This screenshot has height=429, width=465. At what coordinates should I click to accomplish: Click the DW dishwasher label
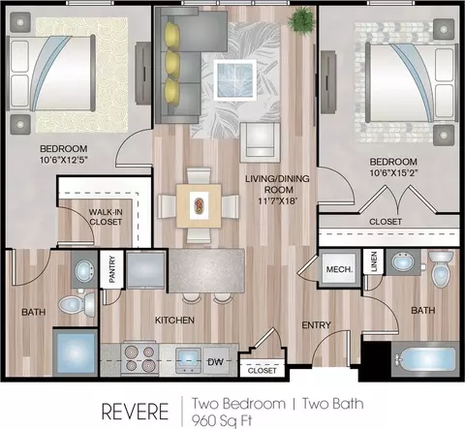215,362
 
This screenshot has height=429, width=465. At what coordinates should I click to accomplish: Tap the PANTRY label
112,269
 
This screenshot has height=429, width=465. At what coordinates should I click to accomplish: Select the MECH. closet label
339,269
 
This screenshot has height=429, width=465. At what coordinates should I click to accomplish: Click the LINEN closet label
374,261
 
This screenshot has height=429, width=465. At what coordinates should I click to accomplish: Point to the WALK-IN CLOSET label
106,217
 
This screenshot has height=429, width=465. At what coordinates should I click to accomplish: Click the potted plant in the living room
301,19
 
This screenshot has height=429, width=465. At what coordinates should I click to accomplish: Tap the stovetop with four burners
139,358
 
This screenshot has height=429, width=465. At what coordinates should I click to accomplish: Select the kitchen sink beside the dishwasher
188,360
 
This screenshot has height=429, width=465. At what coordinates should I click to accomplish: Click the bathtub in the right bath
425,359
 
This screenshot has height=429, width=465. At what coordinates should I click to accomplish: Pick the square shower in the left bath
75,352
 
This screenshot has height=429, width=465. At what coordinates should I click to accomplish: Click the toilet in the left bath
77,304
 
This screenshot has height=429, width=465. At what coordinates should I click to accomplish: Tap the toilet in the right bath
441,269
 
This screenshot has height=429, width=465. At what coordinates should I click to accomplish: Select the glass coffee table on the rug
234,79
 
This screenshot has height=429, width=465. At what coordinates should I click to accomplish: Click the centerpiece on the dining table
199,205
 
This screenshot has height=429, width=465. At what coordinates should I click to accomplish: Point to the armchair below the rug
260,142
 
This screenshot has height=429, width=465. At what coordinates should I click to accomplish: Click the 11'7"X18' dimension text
277,200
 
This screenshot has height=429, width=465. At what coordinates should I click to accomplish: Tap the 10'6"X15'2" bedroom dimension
393,172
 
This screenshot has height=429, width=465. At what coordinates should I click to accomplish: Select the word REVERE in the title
135,412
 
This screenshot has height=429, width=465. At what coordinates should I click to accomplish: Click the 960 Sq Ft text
222,420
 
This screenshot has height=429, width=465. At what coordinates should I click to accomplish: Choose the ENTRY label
316,324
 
